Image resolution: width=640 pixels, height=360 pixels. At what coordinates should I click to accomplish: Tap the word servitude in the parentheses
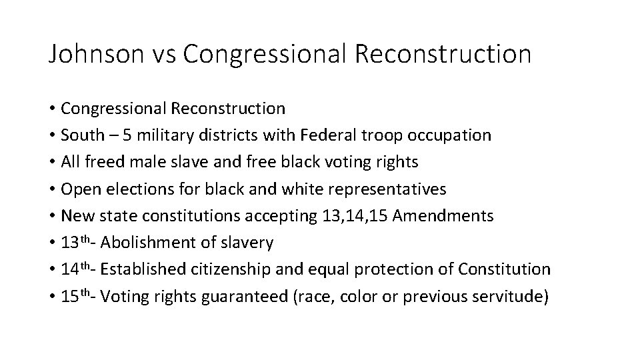[510, 297]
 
